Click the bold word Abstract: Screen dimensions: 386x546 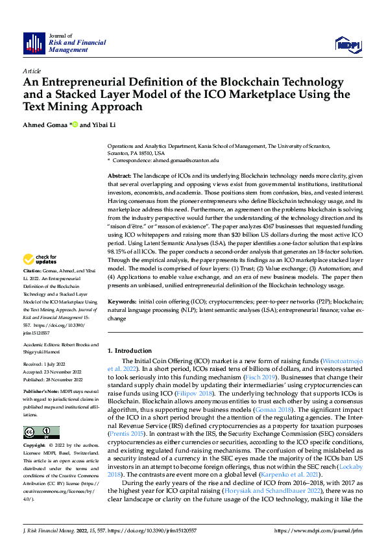coord(119,176)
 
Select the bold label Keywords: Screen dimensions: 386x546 coord(122,302)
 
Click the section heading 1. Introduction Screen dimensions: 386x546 coord(129,350)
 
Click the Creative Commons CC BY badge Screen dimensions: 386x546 coord(41,433)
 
